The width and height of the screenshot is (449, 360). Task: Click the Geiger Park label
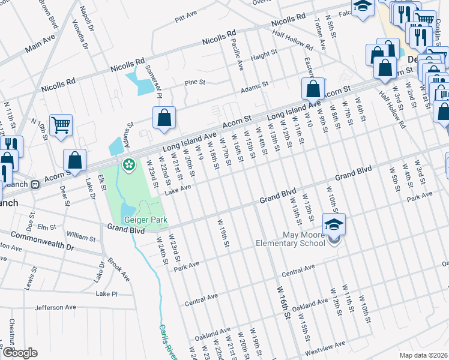pos(145,220)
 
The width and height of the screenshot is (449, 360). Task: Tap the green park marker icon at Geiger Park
pos(128,164)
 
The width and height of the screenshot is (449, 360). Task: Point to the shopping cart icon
pos(61,125)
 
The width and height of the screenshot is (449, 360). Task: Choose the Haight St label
pos(264,55)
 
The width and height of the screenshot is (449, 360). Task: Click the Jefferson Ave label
pos(55,307)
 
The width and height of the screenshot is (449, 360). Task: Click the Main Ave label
pos(40,44)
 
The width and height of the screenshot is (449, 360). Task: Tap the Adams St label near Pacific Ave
pos(254,88)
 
